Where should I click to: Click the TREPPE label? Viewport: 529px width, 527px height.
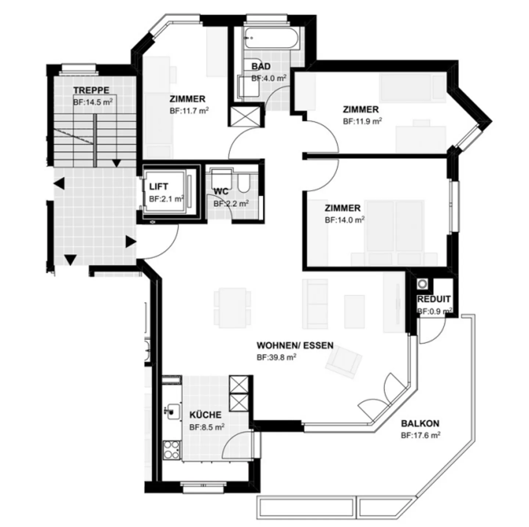tap(91, 90)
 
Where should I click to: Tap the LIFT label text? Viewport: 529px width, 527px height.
tap(159, 187)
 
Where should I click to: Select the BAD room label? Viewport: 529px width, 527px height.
tap(261, 67)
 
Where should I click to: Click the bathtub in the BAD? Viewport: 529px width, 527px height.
tap(272, 38)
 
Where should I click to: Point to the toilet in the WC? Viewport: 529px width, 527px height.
tap(243, 183)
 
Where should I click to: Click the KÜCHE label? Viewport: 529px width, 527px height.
tap(205, 415)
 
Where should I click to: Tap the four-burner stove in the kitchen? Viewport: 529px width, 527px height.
tap(171, 449)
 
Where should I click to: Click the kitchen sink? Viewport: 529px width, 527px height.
tap(172, 411)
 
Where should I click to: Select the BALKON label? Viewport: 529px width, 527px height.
tap(420, 424)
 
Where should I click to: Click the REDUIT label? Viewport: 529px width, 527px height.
tap(433, 299)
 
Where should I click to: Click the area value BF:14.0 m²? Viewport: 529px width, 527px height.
tap(344, 220)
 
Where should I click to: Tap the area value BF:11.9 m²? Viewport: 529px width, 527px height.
tap(362, 121)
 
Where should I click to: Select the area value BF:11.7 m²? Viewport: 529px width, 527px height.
tap(189, 111)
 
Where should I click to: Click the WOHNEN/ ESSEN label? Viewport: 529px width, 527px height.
tap(295, 346)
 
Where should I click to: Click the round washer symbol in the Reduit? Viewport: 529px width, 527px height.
tap(422, 284)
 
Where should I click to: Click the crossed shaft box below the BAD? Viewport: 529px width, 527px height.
tap(246, 116)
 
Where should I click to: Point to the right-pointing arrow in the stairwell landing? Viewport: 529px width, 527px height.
tap(130, 242)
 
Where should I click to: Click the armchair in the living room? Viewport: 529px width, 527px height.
tap(343, 362)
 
